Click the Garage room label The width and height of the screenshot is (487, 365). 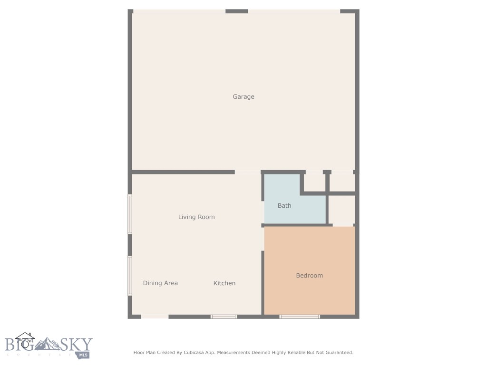tap(243, 96)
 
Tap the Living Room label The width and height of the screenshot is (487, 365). tap(196, 217)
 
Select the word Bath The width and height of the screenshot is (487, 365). tap(284, 205)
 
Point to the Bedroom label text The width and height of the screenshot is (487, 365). tap(309, 275)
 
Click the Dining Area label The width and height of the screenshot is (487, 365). tap(160, 283)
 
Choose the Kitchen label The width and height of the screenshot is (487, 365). tap(224, 283)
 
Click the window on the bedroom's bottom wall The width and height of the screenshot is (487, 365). tap(300, 317)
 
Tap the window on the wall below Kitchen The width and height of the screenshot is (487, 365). tap(224, 317)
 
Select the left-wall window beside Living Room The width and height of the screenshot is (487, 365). tap(129, 214)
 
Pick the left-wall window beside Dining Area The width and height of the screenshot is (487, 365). tap(129, 276)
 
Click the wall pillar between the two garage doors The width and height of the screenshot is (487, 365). tap(236, 11)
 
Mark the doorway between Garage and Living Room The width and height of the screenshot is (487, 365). tap(247, 172)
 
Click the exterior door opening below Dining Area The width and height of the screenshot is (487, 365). tap(155, 317)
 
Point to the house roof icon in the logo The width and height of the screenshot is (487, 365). tap(25, 336)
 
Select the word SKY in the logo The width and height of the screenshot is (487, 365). tap(76, 344)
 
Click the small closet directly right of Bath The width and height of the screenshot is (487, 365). tap(341, 209)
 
